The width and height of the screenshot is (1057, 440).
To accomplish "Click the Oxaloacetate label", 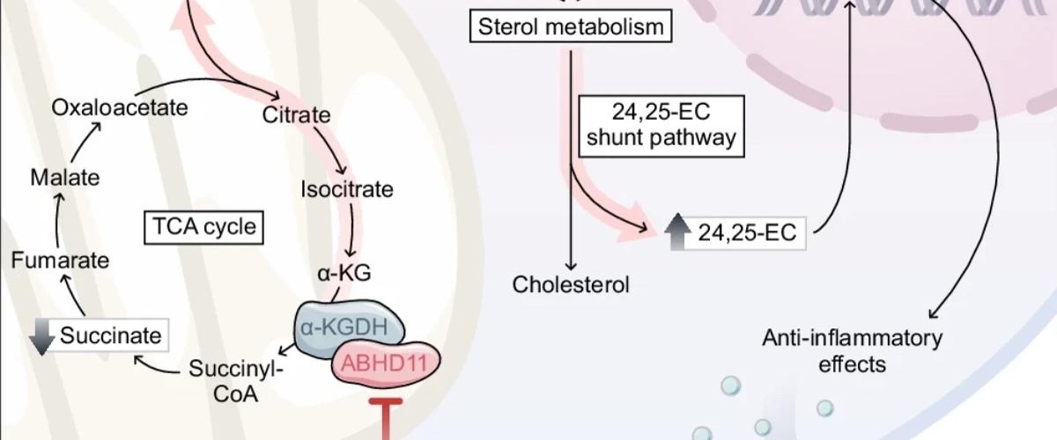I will tap(120, 108).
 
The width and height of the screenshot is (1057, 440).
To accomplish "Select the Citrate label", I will tap(297, 114).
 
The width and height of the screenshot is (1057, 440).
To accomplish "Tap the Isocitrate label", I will tap(347, 188).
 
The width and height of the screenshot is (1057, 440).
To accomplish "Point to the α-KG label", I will tap(344, 273).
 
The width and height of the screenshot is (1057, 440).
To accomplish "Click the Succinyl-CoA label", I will tap(233, 380).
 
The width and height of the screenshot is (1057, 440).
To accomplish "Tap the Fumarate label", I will tap(60, 260).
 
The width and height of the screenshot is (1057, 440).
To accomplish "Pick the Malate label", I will tap(64, 177).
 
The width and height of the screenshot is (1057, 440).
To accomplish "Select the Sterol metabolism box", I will tap(570, 26).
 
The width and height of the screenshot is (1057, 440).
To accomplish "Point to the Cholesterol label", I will tap(572, 284).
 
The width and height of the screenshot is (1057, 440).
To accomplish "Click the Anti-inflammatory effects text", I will tap(852, 350).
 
